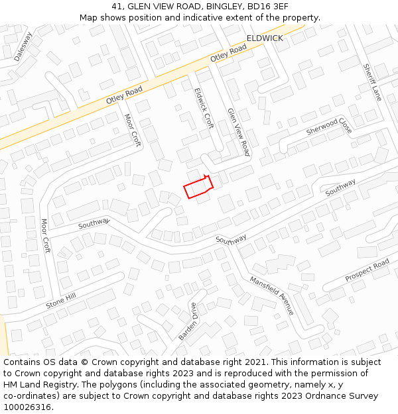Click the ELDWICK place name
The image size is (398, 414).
pyautogui.click(x=265, y=38)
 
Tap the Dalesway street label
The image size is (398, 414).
pyautogui.click(x=23, y=46)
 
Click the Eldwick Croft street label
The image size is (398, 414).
pyautogui.click(x=204, y=109)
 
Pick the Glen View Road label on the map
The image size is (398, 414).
pyautogui.click(x=239, y=132)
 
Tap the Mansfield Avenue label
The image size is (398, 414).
pyautogui.click(x=271, y=295)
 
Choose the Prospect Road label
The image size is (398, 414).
pyautogui.click(x=367, y=271)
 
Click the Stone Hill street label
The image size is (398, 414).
pyautogui.click(x=61, y=301)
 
